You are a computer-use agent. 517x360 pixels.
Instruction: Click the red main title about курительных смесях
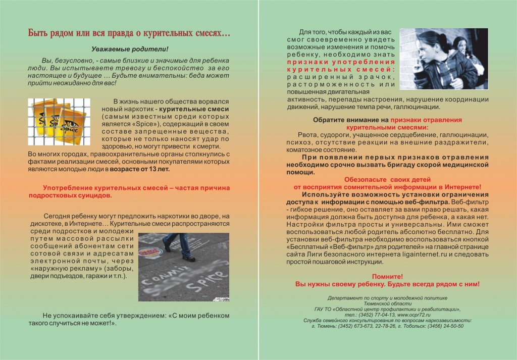(x=129, y=34)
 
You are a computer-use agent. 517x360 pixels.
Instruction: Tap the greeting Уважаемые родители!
(x=129, y=49)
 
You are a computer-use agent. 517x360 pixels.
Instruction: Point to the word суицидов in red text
(x=94, y=194)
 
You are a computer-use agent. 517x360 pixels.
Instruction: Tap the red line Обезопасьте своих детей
(x=387, y=179)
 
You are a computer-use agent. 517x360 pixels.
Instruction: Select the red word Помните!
(x=387, y=277)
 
